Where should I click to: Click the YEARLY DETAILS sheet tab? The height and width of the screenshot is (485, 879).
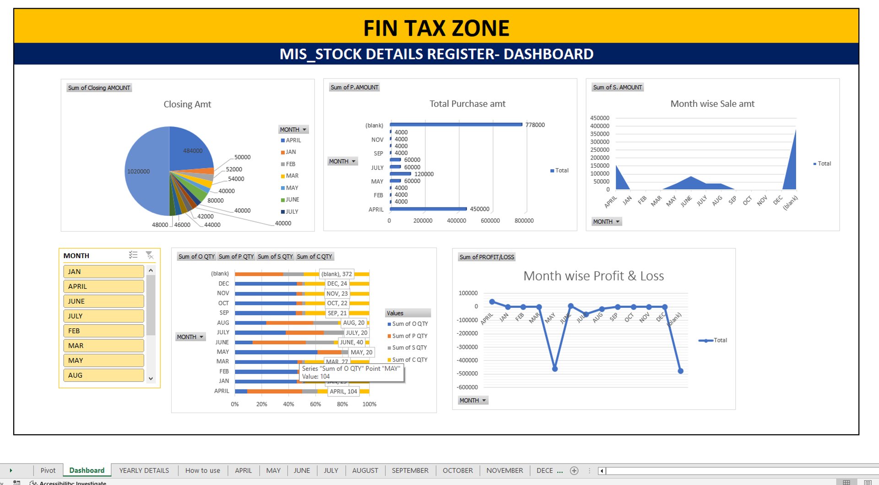(x=144, y=470)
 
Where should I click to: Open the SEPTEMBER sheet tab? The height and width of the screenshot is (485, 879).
(x=410, y=470)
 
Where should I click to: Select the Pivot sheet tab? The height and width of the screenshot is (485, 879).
(x=48, y=470)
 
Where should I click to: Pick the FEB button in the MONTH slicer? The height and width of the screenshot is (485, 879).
(x=103, y=331)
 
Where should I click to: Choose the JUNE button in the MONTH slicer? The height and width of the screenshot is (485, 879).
(x=103, y=301)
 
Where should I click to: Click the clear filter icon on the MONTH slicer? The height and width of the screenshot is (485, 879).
(x=149, y=255)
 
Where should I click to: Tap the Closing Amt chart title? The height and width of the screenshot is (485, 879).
(x=187, y=104)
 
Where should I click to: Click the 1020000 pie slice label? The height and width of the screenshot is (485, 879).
(x=138, y=171)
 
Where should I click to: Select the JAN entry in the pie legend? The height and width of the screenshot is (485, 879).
(x=291, y=152)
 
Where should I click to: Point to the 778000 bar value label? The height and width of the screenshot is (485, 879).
(x=535, y=125)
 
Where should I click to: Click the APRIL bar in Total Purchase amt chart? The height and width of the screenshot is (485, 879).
(x=428, y=209)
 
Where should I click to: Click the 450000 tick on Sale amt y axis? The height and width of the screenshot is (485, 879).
(x=599, y=118)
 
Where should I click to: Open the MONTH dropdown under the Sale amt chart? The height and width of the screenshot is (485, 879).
(x=606, y=221)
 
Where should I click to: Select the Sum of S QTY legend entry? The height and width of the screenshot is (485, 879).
(x=409, y=347)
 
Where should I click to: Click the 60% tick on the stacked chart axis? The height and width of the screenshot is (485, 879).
(x=315, y=404)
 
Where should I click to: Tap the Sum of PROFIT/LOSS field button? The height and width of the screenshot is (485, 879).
(x=487, y=257)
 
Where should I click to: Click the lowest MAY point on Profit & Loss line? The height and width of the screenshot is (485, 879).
(x=555, y=369)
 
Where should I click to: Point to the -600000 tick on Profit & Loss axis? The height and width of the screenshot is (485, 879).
(x=468, y=387)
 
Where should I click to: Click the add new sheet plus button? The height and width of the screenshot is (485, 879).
(x=574, y=470)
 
